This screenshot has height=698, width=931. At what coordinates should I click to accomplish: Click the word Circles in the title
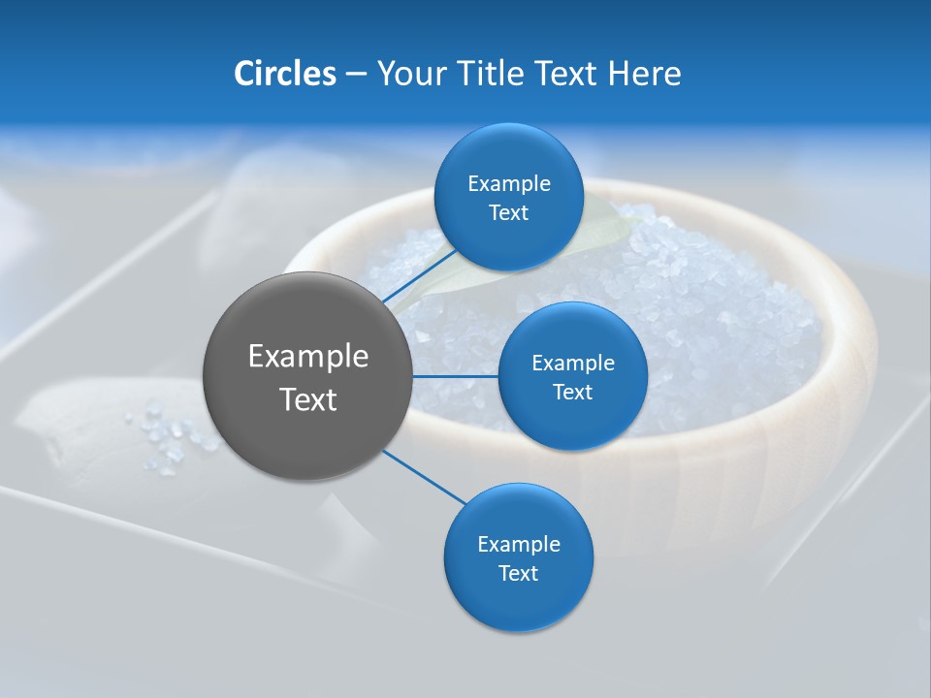point(285,74)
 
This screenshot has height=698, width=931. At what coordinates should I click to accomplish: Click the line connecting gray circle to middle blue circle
point(456,376)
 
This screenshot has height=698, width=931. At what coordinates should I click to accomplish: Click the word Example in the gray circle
point(307,357)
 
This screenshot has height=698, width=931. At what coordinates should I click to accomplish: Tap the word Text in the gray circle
point(307,399)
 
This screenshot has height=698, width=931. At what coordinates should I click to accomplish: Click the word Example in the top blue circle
point(508,184)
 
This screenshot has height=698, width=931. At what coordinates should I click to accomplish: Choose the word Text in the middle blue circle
point(572,392)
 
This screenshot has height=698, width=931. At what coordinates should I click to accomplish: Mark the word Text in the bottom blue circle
point(518,573)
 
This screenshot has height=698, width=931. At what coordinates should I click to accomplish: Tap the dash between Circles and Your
point(356,75)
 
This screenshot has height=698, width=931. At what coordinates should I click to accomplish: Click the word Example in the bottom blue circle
point(518,544)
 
